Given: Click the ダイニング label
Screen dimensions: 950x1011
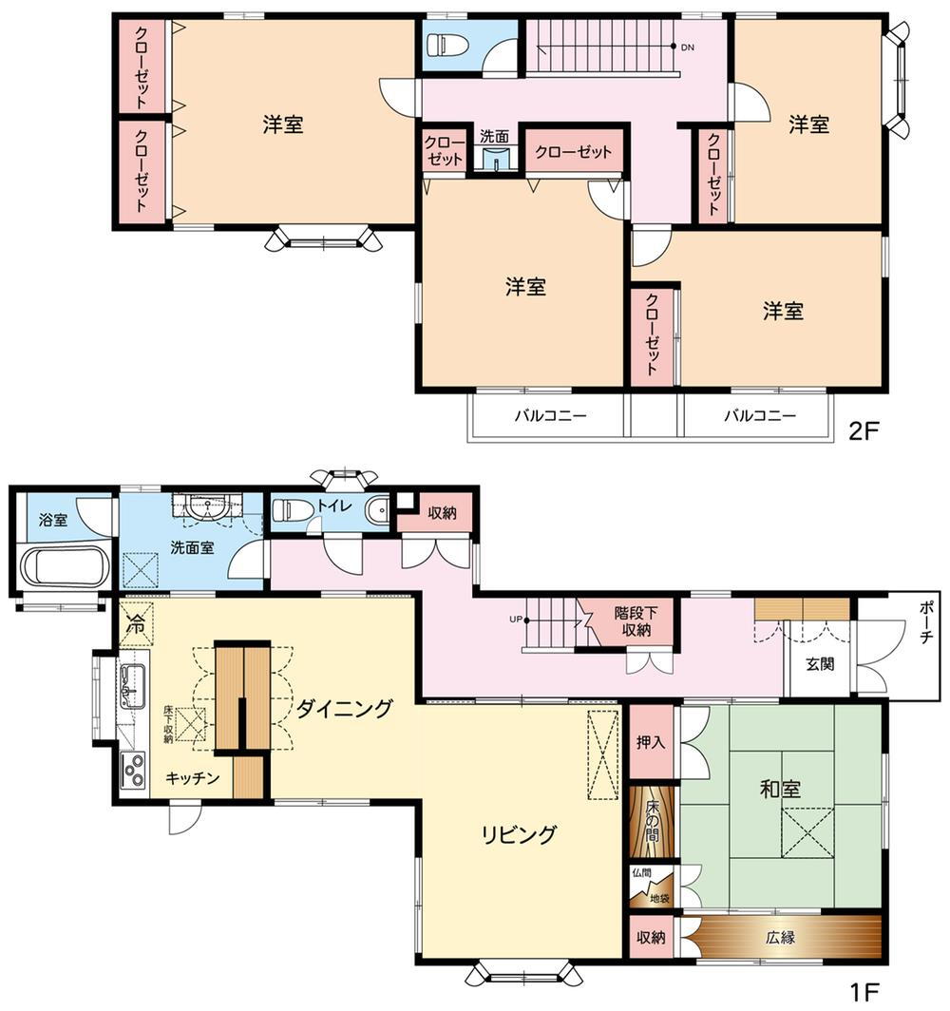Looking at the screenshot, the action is [344, 709].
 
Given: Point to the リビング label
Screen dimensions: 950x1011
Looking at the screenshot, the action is [519, 834].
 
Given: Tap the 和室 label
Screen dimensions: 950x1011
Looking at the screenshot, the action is [780, 789].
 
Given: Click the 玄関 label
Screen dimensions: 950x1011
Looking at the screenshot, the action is [821, 663].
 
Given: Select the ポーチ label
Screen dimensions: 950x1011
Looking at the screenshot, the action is [925, 622].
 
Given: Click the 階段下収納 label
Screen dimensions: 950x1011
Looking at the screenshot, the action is [636, 620].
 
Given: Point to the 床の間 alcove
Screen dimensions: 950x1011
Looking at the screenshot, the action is [652, 822].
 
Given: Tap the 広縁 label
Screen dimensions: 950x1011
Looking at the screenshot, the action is [781, 937].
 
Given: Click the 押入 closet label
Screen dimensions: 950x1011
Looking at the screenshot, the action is [651, 742].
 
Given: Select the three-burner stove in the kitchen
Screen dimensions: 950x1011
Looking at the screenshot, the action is [133, 770].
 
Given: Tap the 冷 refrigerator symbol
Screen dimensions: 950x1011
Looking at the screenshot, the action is [136, 623].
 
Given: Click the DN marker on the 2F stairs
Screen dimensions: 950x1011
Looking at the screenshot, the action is [688, 48].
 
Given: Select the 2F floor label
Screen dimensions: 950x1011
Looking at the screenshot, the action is [864, 430].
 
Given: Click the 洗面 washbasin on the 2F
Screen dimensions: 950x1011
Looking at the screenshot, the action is [495, 158].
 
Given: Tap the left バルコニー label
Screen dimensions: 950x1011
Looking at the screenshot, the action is [550, 414].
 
